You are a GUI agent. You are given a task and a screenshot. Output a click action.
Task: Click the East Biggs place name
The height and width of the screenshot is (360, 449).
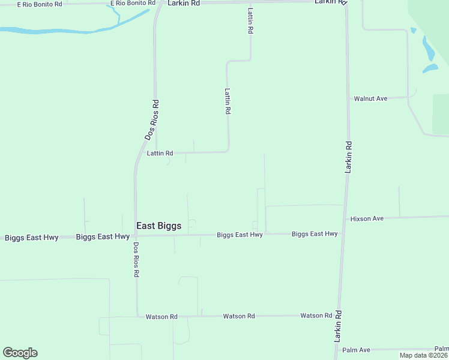158,226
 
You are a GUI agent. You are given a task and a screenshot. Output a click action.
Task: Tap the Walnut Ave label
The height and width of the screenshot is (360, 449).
370,98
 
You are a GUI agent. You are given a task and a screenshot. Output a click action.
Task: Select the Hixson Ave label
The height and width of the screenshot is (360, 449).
367,218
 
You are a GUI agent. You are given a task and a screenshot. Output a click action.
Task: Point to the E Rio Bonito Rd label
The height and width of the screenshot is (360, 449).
40,4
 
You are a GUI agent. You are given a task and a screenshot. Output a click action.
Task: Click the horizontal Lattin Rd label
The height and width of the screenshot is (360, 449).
160,154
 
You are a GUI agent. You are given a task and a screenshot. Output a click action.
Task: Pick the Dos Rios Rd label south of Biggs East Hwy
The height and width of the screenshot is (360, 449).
136,259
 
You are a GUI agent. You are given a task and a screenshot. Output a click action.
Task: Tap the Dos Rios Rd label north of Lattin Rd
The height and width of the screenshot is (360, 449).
152,120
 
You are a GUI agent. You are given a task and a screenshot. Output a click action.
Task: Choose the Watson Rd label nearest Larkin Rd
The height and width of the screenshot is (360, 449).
316,316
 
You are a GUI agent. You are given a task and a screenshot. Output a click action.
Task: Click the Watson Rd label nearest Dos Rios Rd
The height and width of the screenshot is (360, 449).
161,316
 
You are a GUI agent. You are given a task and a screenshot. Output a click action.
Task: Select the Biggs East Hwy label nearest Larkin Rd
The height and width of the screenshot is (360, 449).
315,234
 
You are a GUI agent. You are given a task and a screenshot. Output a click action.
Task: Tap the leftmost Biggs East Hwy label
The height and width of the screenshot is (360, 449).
32,238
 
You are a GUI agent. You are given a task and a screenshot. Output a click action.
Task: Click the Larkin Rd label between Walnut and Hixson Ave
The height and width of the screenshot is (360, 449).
348,157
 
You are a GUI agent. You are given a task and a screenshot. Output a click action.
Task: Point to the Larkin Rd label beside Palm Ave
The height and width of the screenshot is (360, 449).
339,326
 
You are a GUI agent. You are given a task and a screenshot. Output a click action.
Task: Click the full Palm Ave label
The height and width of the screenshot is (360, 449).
356,350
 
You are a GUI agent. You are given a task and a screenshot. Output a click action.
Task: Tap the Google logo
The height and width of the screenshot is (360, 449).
20,353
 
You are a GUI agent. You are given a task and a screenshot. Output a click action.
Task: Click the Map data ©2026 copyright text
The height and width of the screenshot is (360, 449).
423,355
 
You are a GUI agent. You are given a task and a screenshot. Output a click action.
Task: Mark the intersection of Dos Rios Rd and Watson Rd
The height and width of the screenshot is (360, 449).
137,316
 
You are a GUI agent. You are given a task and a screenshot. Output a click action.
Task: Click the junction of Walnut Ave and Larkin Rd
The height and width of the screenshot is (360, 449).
348,98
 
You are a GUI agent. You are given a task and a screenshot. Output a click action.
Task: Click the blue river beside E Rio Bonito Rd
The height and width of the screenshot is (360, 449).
60,29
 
